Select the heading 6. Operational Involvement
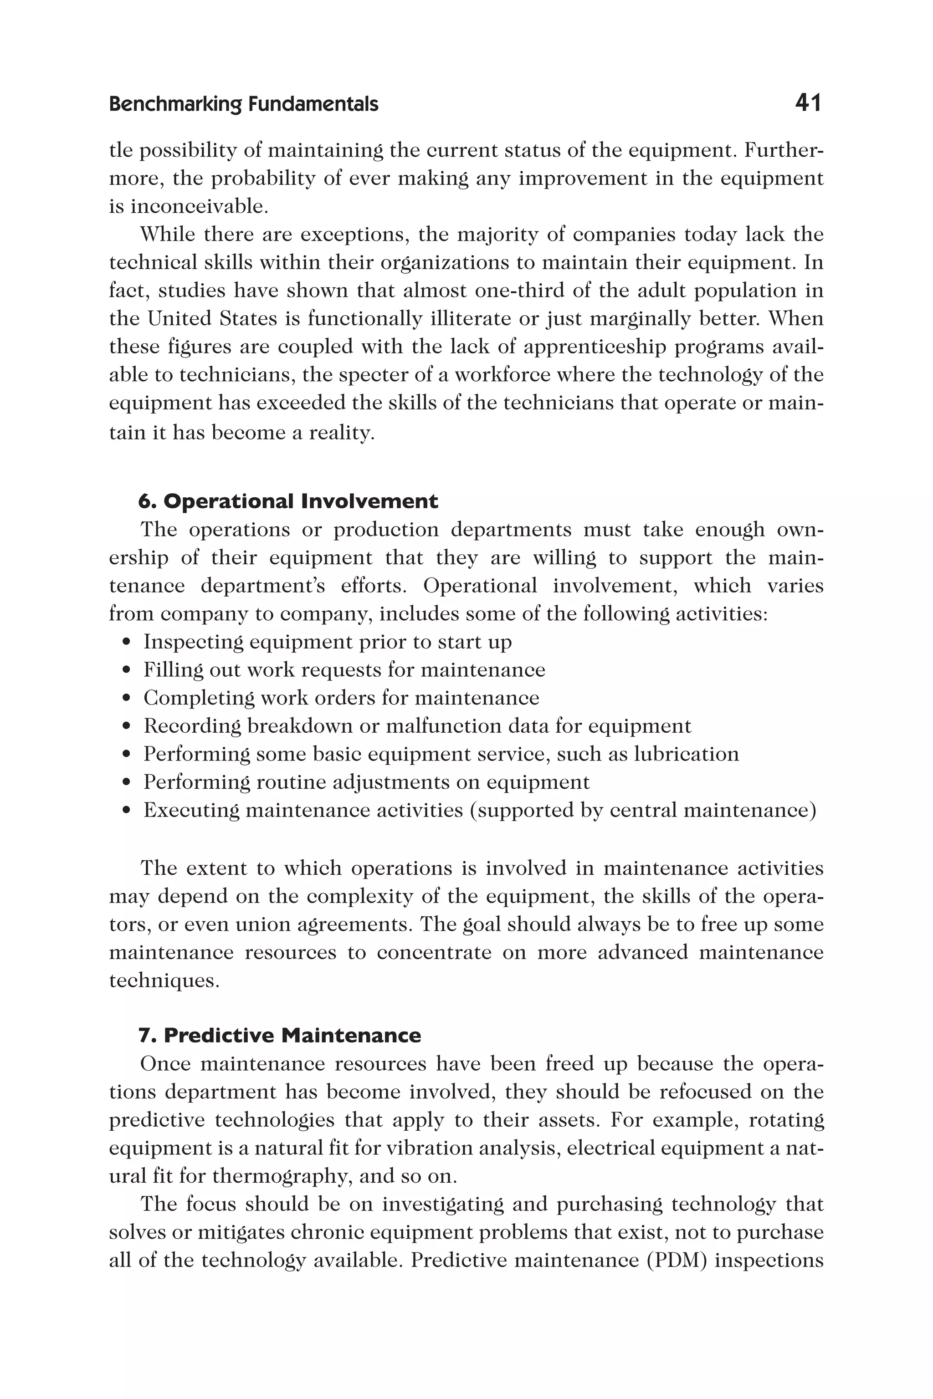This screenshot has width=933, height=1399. pos(288,501)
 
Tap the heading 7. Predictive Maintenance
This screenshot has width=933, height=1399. pos(280,1036)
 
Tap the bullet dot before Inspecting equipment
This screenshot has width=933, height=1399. pos(126,643)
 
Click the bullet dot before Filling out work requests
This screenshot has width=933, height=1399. pos(126,670)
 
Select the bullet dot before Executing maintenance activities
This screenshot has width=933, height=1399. pos(126,811)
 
